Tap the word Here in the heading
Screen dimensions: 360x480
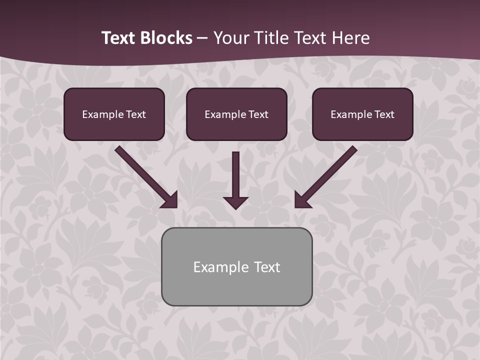[x=350, y=38]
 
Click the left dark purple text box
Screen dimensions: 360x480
[x=114, y=114]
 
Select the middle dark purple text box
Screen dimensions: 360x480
[x=236, y=114]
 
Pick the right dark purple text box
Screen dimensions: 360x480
[x=362, y=114]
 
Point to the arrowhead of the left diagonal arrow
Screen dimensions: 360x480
[x=170, y=200]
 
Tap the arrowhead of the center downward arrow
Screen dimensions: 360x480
[x=235, y=202]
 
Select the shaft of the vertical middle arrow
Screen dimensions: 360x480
[x=235, y=172]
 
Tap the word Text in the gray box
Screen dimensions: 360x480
[x=266, y=267]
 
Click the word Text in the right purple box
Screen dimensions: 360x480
[x=384, y=114]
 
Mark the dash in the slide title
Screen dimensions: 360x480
[x=202, y=38]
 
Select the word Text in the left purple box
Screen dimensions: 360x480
[x=136, y=114]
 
